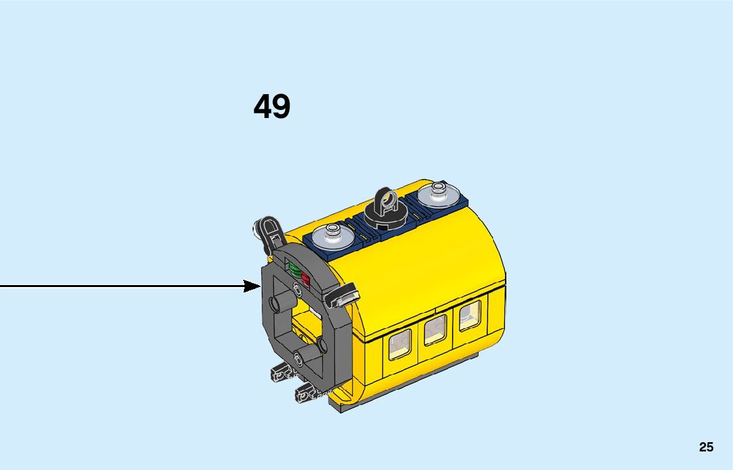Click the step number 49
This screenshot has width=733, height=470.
[272, 106]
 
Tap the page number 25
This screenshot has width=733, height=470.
[706, 447]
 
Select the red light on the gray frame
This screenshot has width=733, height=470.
[306, 276]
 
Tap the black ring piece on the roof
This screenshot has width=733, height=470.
[385, 202]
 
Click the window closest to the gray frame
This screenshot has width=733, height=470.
[399, 345]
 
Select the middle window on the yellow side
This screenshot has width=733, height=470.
[435, 329]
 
